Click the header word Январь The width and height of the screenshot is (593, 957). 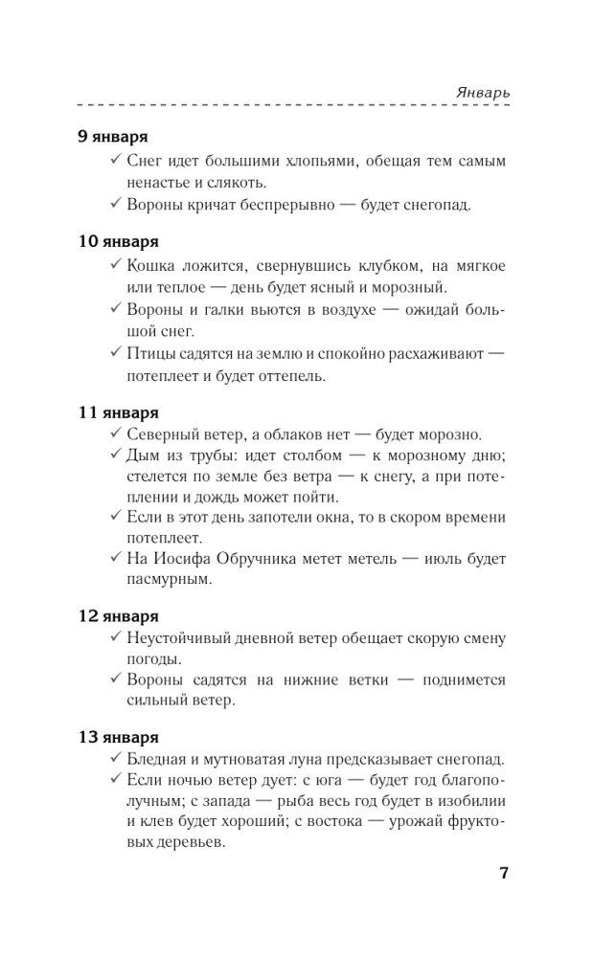[x=481, y=92]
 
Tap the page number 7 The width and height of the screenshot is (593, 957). [x=504, y=874]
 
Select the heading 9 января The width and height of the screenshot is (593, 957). [x=111, y=137]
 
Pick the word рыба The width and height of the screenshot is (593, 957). [x=316, y=803]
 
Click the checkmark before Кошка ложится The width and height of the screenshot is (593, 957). [x=115, y=265]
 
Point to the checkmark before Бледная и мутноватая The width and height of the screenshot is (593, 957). [x=115, y=760]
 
